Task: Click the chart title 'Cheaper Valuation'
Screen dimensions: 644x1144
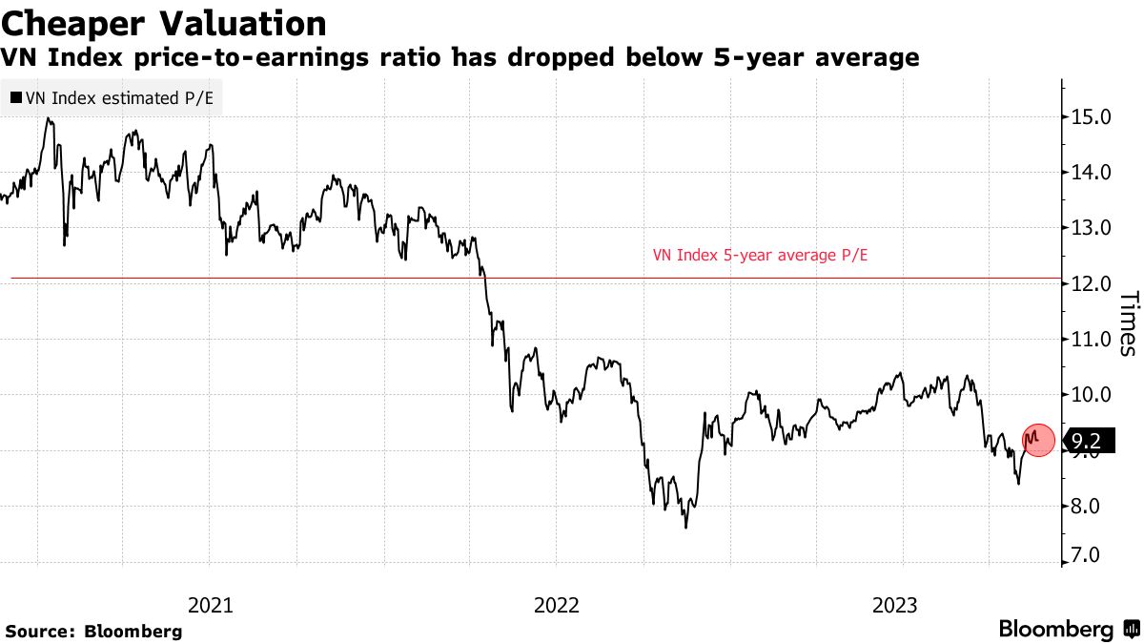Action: coord(164,23)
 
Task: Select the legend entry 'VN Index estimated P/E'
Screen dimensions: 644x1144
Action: coord(111,97)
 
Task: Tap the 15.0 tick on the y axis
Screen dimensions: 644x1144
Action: coord(1093,117)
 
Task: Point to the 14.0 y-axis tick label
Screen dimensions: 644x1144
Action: coord(1093,173)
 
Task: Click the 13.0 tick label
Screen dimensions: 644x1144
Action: coord(1093,228)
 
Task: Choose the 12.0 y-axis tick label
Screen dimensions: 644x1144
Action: coord(1093,283)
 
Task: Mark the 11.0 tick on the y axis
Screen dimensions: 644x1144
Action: coord(1093,339)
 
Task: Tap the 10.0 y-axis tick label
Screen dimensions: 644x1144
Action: coord(1093,394)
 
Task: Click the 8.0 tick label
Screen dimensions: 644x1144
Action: coord(1093,506)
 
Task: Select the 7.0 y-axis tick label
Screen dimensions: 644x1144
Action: coord(1093,555)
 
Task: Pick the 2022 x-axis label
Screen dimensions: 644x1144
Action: coord(555,605)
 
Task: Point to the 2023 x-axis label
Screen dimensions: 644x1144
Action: coord(896,605)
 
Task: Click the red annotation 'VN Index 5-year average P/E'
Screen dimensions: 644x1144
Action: coord(762,256)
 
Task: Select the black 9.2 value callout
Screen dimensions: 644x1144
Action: coord(1087,441)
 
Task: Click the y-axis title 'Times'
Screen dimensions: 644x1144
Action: coord(1127,323)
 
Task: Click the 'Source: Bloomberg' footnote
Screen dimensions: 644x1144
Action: coord(93,631)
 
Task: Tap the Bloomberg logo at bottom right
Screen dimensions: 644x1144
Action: coord(1068,630)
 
